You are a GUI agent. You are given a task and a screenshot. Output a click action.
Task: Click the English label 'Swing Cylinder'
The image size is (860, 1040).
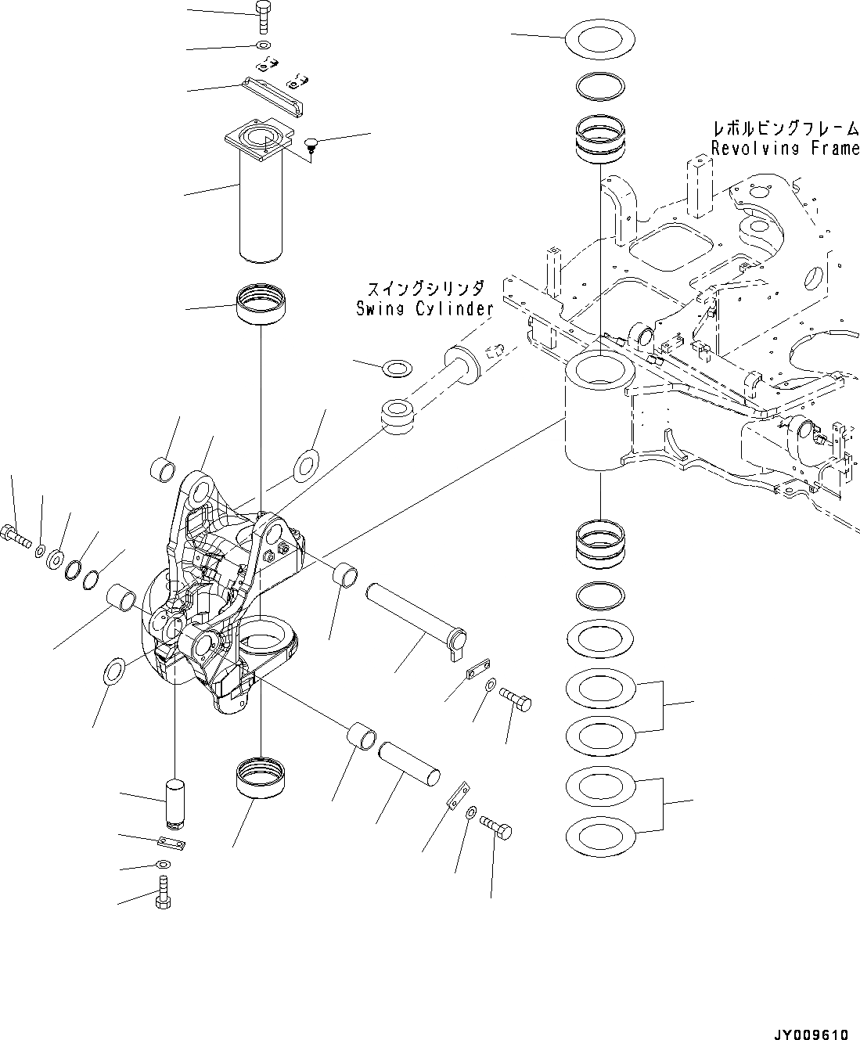(x=423, y=308)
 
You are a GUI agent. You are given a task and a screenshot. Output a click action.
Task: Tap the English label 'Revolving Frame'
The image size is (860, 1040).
(x=785, y=149)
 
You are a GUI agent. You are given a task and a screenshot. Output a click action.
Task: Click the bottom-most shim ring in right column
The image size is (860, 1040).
(x=599, y=835)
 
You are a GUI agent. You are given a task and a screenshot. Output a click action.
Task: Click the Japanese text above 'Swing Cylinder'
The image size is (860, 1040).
(x=423, y=290)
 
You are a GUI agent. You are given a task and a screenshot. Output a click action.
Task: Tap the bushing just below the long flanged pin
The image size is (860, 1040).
(x=262, y=306)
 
